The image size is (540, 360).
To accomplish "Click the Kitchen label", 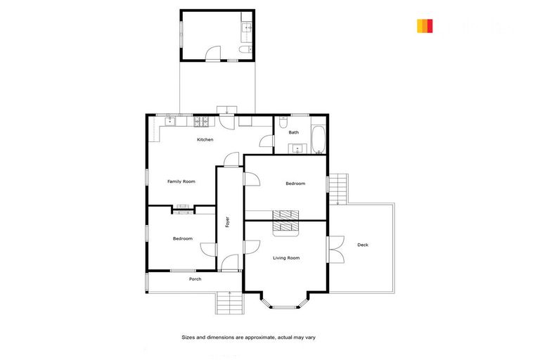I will point(205,139).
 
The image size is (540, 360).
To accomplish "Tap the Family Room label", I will point(181,181).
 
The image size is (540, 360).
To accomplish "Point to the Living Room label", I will point(286,258).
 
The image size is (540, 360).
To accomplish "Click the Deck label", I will point(363,245).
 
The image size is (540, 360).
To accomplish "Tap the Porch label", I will point(195,279).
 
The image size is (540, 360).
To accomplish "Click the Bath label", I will point(293,132).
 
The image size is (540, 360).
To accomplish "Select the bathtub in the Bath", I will point(318,139).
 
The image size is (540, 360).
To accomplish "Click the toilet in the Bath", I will point(283,123).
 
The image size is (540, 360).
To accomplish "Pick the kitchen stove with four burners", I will point(201,120).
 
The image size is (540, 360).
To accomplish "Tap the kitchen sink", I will point(170,121).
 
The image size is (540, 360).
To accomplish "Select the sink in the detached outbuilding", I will point(247,29).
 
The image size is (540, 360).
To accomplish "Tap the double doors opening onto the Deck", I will point(336,249).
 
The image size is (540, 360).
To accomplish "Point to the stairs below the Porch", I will point(229,303).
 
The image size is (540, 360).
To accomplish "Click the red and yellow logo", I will point(425,26).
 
